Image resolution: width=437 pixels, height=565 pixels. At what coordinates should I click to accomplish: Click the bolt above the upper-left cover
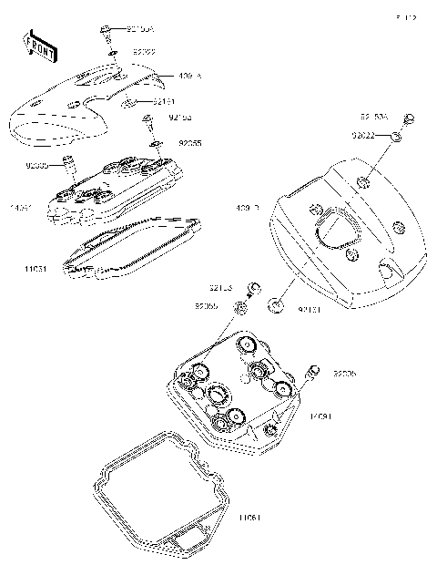(x=107, y=33)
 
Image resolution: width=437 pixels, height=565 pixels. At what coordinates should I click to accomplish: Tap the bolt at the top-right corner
(x=410, y=118)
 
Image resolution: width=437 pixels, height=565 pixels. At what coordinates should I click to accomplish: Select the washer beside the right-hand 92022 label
(x=398, y=137)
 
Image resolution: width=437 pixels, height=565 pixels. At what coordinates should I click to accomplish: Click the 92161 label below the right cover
(x=310, y=311)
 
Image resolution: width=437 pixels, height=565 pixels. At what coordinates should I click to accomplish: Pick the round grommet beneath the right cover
(x=276, y=302)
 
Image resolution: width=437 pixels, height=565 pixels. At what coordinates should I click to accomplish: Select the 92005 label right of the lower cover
(x=346, y=374)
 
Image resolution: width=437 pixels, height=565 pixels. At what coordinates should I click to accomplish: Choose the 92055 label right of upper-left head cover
(x=190, y=144)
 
